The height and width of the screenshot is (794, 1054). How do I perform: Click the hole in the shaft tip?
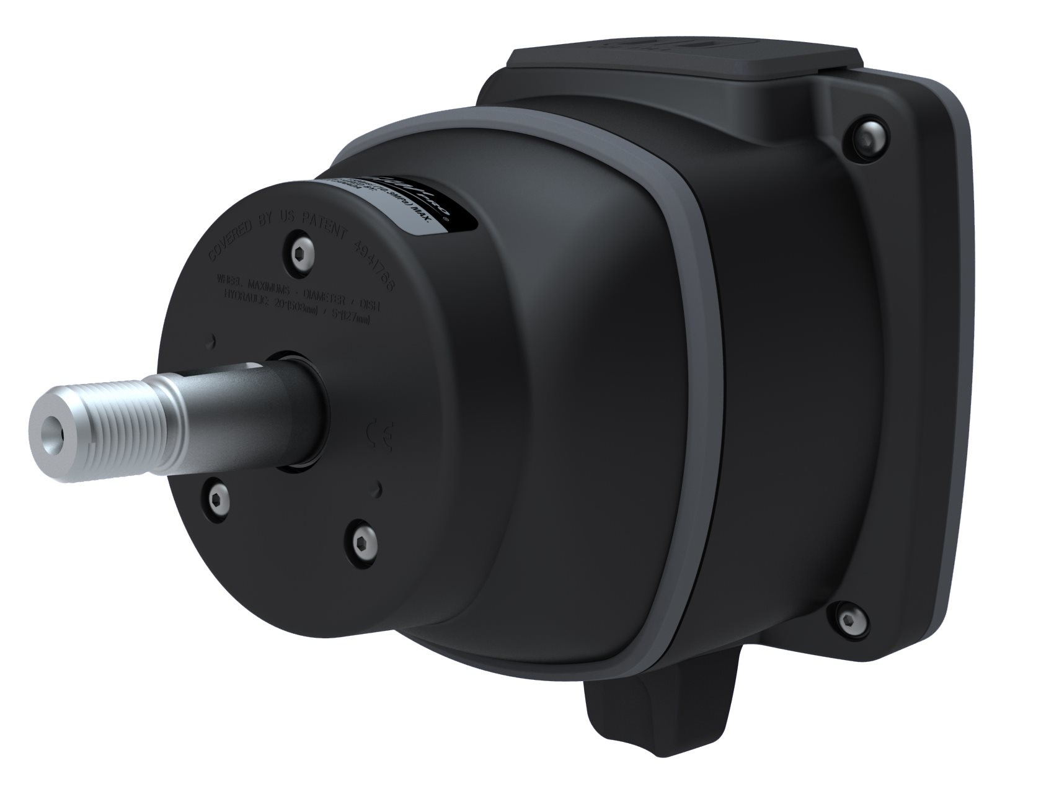point(48,429)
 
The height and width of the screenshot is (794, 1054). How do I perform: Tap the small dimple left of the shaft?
point(214,339)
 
